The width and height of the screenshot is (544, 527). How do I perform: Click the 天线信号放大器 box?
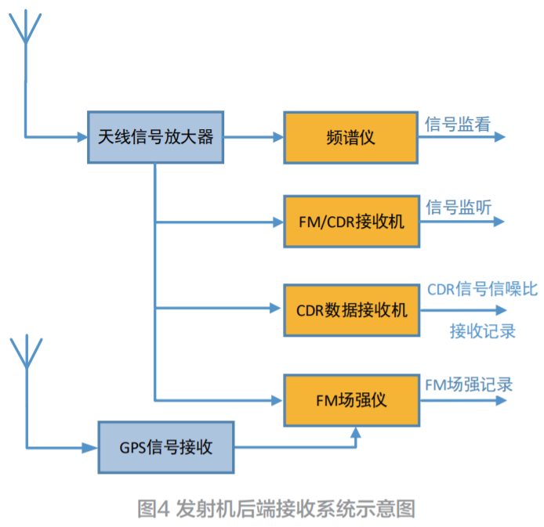[x=155, y=136]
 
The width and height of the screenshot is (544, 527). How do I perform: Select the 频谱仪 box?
[x=350, y=137]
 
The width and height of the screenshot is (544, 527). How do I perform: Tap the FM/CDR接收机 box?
[x=350, y=222]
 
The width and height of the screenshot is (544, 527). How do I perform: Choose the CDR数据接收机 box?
[x=351, y=310]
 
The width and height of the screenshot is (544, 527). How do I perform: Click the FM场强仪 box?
[x=351, y=400]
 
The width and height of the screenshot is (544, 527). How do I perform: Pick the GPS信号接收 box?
[x=165, y=447]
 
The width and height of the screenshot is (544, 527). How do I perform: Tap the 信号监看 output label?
[x=458, y=123]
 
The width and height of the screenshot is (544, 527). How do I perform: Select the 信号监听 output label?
[x=459, y=208]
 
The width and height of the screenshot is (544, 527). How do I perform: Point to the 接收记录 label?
[x=482, y=330]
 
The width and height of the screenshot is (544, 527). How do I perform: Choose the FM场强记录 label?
[x=469, y=384]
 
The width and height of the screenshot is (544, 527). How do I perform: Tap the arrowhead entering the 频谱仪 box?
[x=277, y=137]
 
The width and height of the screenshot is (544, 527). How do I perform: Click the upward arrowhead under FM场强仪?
[x=357, y=431]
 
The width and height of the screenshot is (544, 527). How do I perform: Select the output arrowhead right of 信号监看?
[x=500, y=137]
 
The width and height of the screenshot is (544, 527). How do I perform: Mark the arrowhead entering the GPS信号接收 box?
[x=92, y=447]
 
